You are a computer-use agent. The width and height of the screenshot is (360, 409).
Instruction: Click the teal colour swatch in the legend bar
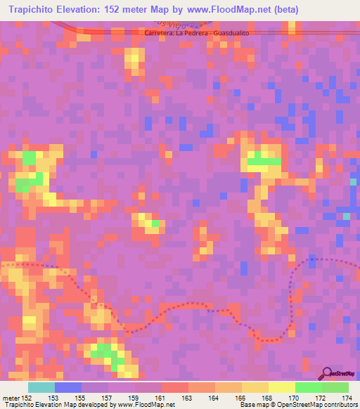click(x=41, y=387)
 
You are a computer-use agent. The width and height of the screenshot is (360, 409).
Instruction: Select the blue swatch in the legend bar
click(x=68, y=387)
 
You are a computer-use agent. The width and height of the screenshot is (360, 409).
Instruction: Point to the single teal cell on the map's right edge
click(x=354, y=181)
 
